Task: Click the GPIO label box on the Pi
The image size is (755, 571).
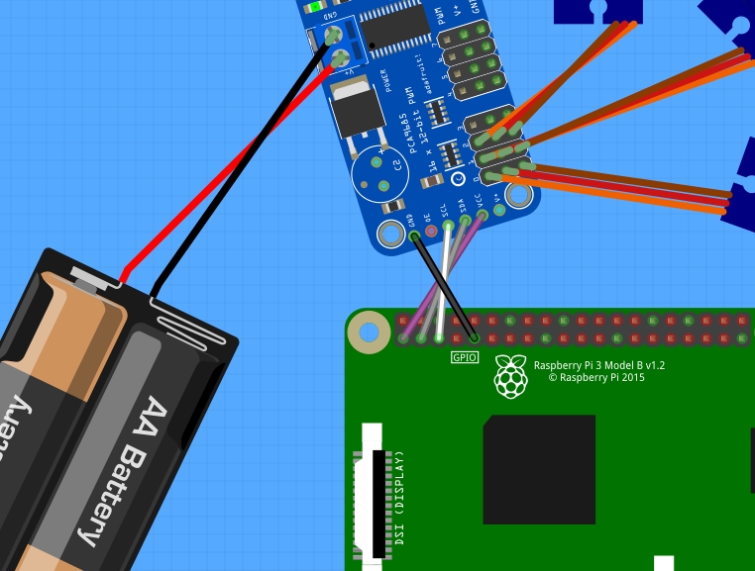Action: [x=465, y=357]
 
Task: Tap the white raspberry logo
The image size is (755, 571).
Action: [x=511, y=376]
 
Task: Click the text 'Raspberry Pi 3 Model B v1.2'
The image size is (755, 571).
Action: [x=599, y=365]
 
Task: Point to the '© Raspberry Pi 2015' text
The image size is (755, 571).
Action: [x=595, y=377]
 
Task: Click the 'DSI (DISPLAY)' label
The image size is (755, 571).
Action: [x=400, y=499]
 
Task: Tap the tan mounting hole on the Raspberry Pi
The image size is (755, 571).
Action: [x=371, y=333]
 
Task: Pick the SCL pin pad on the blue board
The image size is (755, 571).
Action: [x=449, y=226]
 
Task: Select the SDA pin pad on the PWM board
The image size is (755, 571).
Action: [x=465, y=220]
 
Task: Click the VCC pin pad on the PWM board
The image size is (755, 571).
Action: [x=482, y=214]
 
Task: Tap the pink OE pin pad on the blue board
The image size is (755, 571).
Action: [x=432, y=232]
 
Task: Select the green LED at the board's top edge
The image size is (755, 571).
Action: [x=314, y=7]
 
